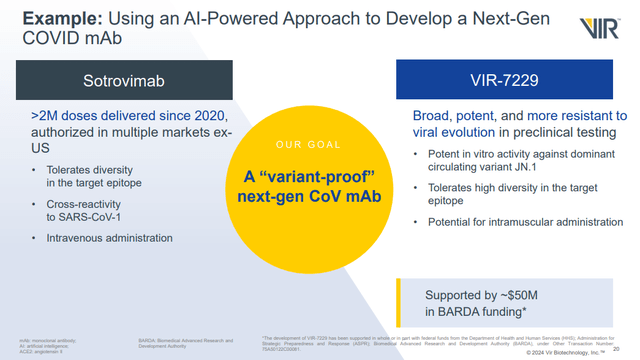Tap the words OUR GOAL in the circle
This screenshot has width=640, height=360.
coord(319,142)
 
